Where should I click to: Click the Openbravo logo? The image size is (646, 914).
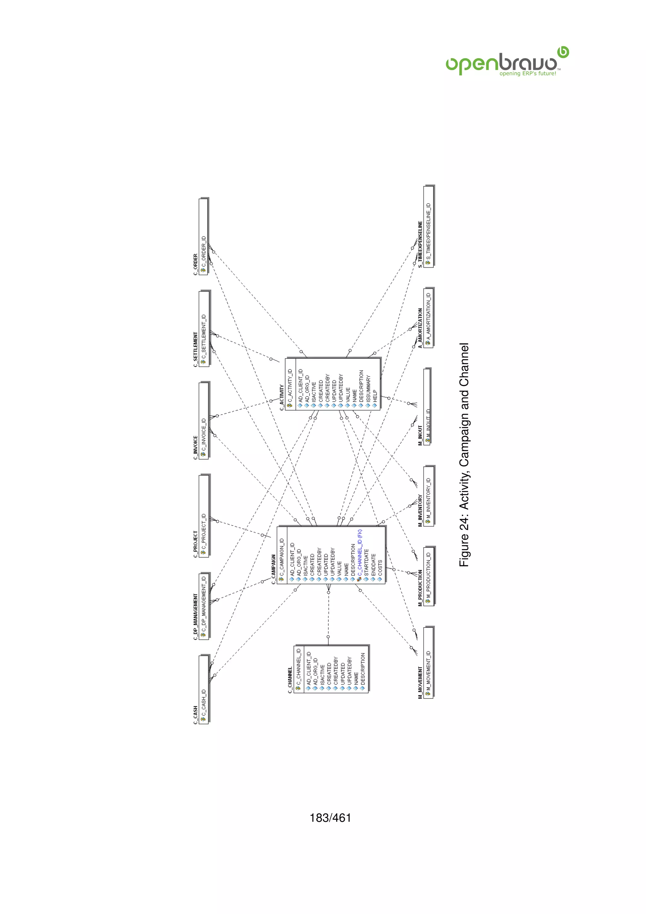click(507, 63)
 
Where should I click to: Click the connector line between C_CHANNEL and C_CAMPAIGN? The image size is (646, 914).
click(328, 615)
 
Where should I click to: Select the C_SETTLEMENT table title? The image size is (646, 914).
click(195, 349)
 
